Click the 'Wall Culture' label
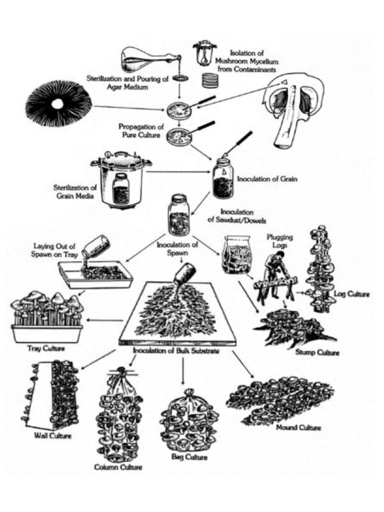[x=52, y=436]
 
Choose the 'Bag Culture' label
[x=189, y=458]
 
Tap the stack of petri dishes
[x=210, y=80]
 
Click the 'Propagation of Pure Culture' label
[x=144, y=131]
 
